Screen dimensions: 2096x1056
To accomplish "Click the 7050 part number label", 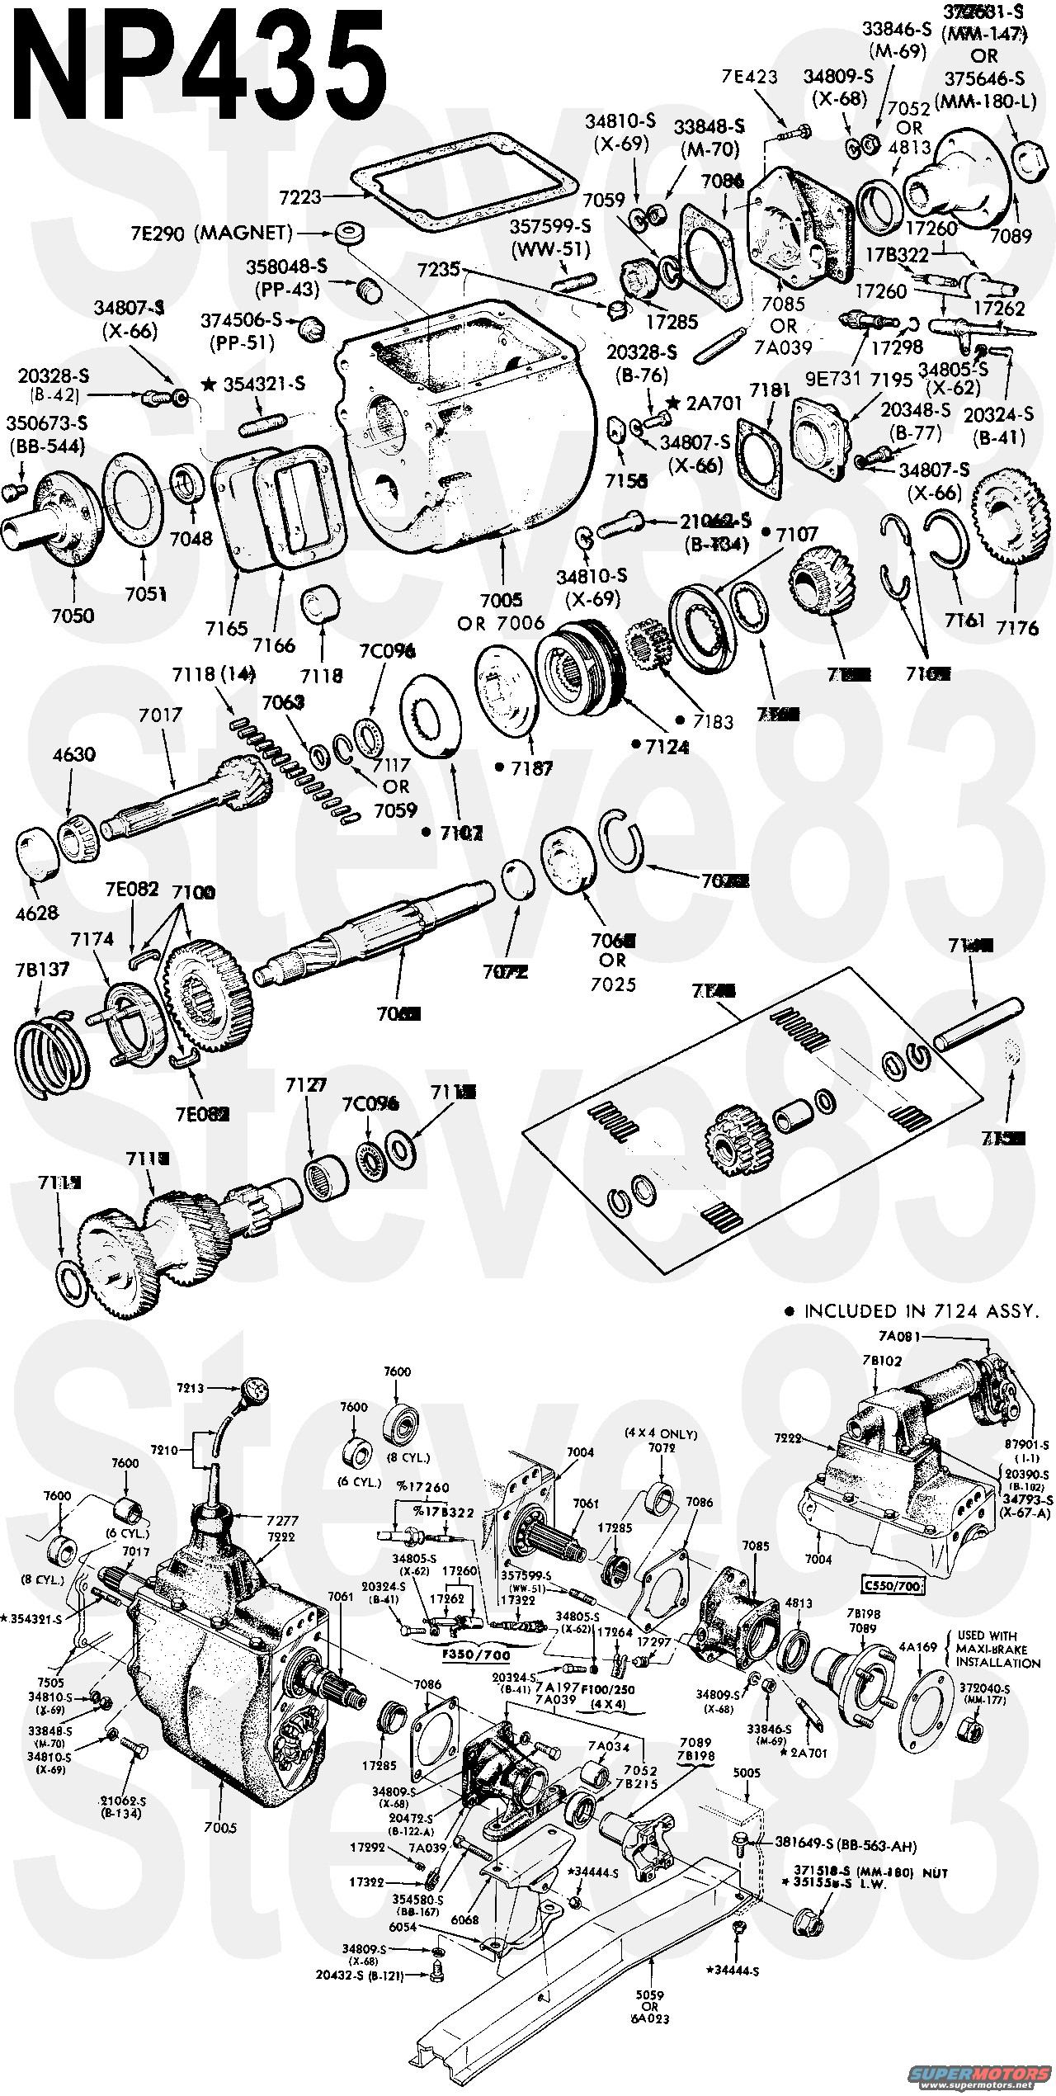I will coord(73,616).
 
